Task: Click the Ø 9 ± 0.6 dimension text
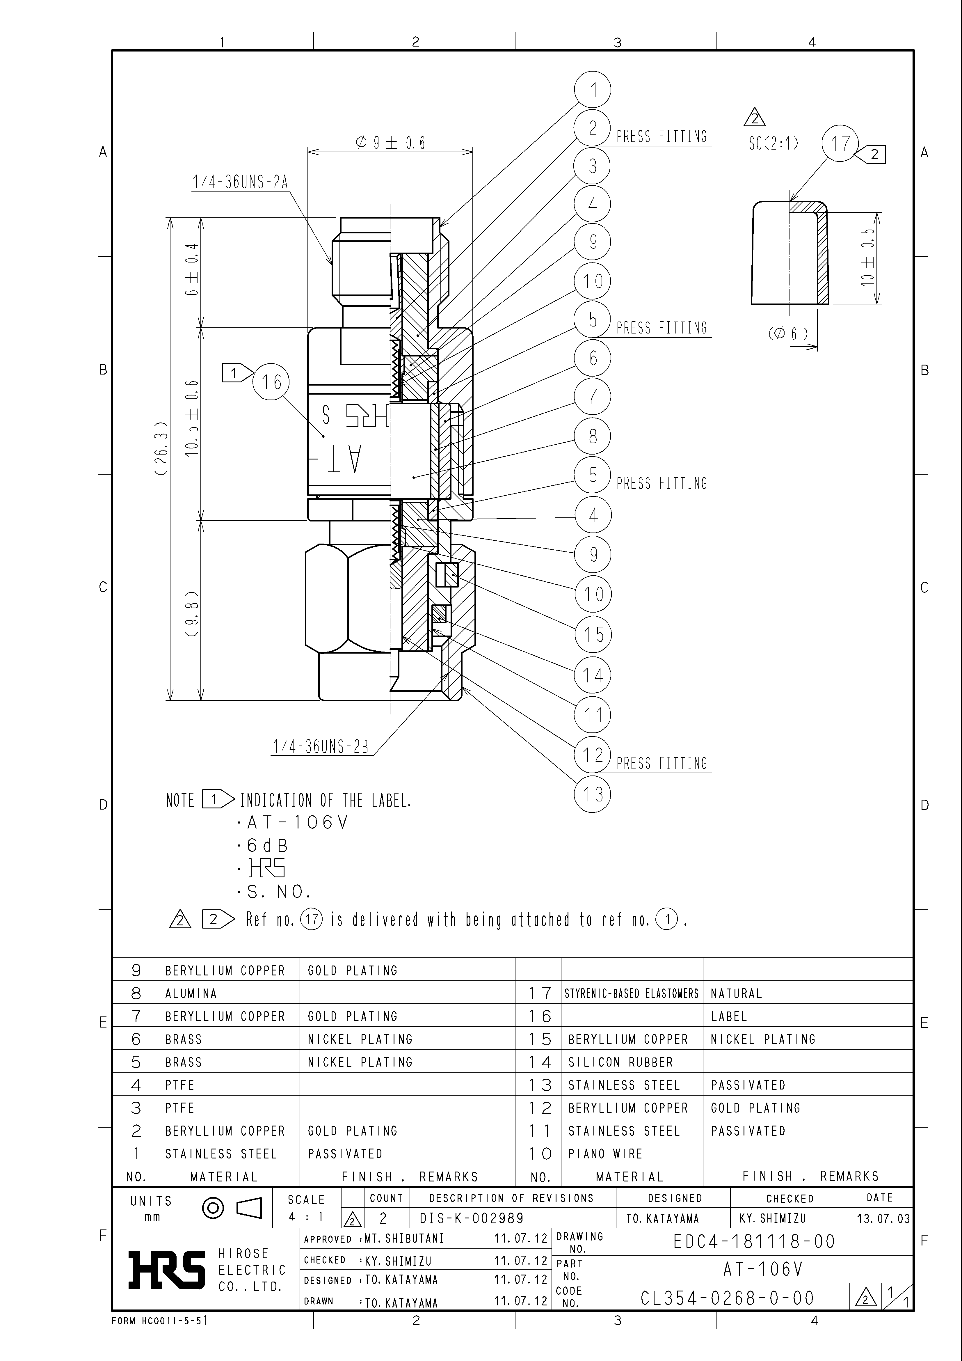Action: point(391,143)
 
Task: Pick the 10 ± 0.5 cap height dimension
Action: point(868,258)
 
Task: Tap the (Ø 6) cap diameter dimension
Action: point(788,334)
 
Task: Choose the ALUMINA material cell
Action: point(191,993)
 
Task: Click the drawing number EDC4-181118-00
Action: point(754,1241)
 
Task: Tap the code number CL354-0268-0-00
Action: point(727,1298)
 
